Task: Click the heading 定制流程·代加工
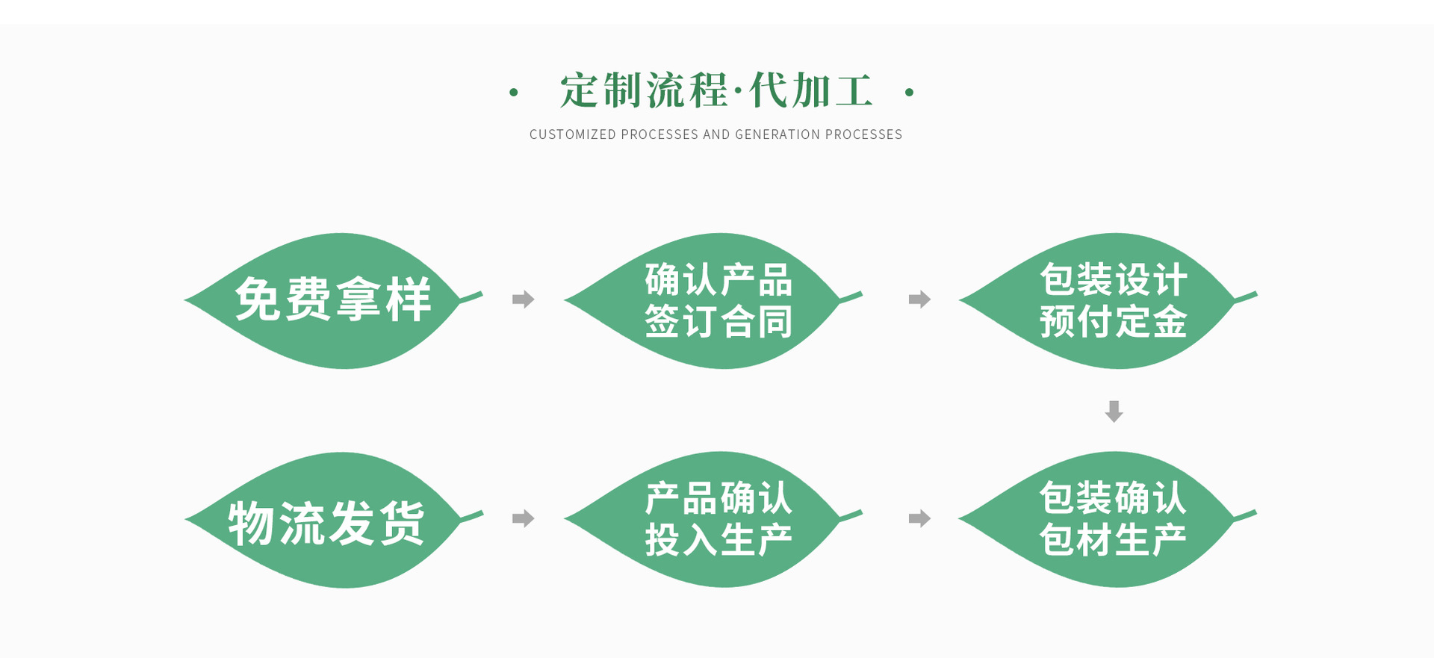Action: (x=716, y=91)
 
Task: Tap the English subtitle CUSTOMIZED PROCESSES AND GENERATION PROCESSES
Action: (x=716, y=134)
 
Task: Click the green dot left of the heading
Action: (x=513, y=93)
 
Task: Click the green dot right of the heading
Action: (x=909, y=93)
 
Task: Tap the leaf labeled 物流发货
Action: (x=329, y=520)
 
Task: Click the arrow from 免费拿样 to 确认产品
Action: (x=524, y=299)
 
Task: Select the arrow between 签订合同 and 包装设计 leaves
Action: (x=919, y=299)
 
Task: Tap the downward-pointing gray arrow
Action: (x=1114, y=411)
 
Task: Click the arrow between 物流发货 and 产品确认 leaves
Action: (x=524, y=518)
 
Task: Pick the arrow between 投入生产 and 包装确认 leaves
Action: (x=919, y=518)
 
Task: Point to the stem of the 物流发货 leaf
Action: (x=473, y=516)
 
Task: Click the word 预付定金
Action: (x=1113, y=322)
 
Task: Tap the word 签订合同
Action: (x=718, y=322)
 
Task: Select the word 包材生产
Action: (x=1113, y=540)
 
